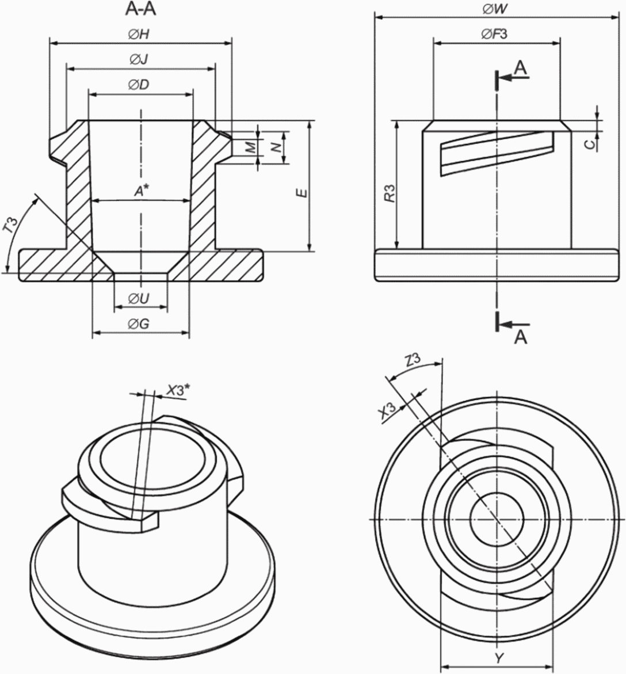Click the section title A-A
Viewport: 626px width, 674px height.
(x=140, y=9)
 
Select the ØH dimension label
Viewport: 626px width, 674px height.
(x=138, y=35)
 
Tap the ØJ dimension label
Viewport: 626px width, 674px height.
(x=138, y=59)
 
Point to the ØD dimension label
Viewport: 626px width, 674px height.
(x=138, y=85)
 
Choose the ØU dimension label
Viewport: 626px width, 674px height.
(x=138, y=298)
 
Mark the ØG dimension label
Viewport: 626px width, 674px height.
(x=138, y=323)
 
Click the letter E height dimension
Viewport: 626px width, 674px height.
(x=303, y=193)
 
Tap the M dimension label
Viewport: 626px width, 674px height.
(x=251, y=147)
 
